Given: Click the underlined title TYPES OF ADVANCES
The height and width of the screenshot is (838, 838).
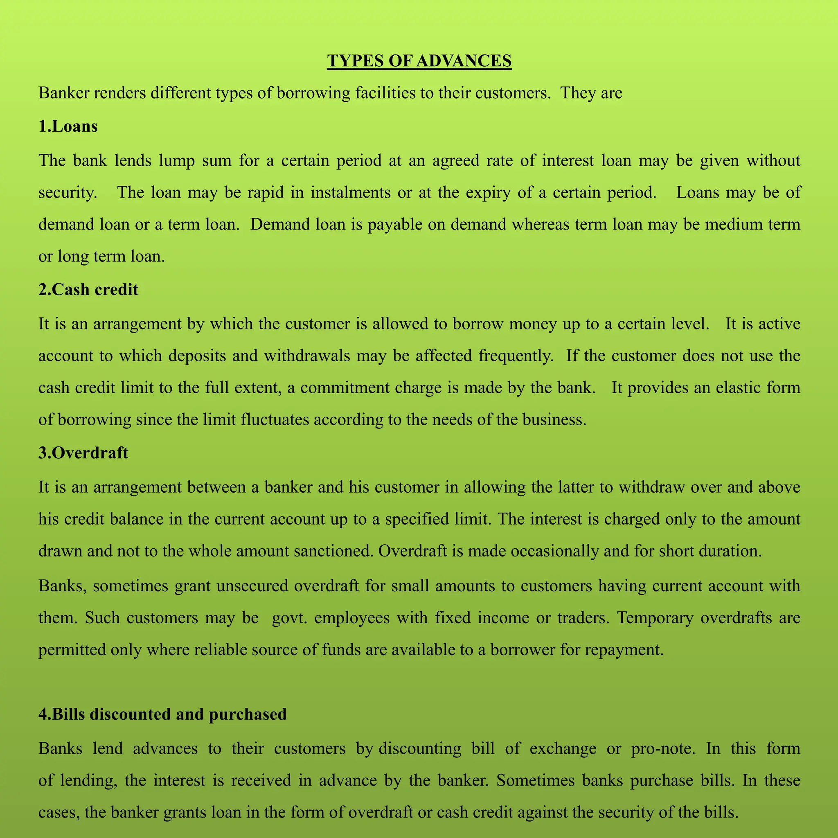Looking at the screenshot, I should pyautogui.click(x=419, y=61).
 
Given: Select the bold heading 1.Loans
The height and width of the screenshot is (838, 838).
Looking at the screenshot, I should pyautogui.click(x=68, y=126).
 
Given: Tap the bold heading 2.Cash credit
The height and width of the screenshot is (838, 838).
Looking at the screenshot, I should pyautogui.click(x=88, y=289).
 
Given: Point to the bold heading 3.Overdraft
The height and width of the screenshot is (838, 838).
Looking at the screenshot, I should pyautogui.click(x=83, y=453).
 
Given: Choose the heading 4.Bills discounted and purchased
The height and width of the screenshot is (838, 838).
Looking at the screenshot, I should pyautogui.click(x=163, y=714).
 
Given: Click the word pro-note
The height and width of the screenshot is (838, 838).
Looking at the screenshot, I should pyautogui.click(x=663, y=749).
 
